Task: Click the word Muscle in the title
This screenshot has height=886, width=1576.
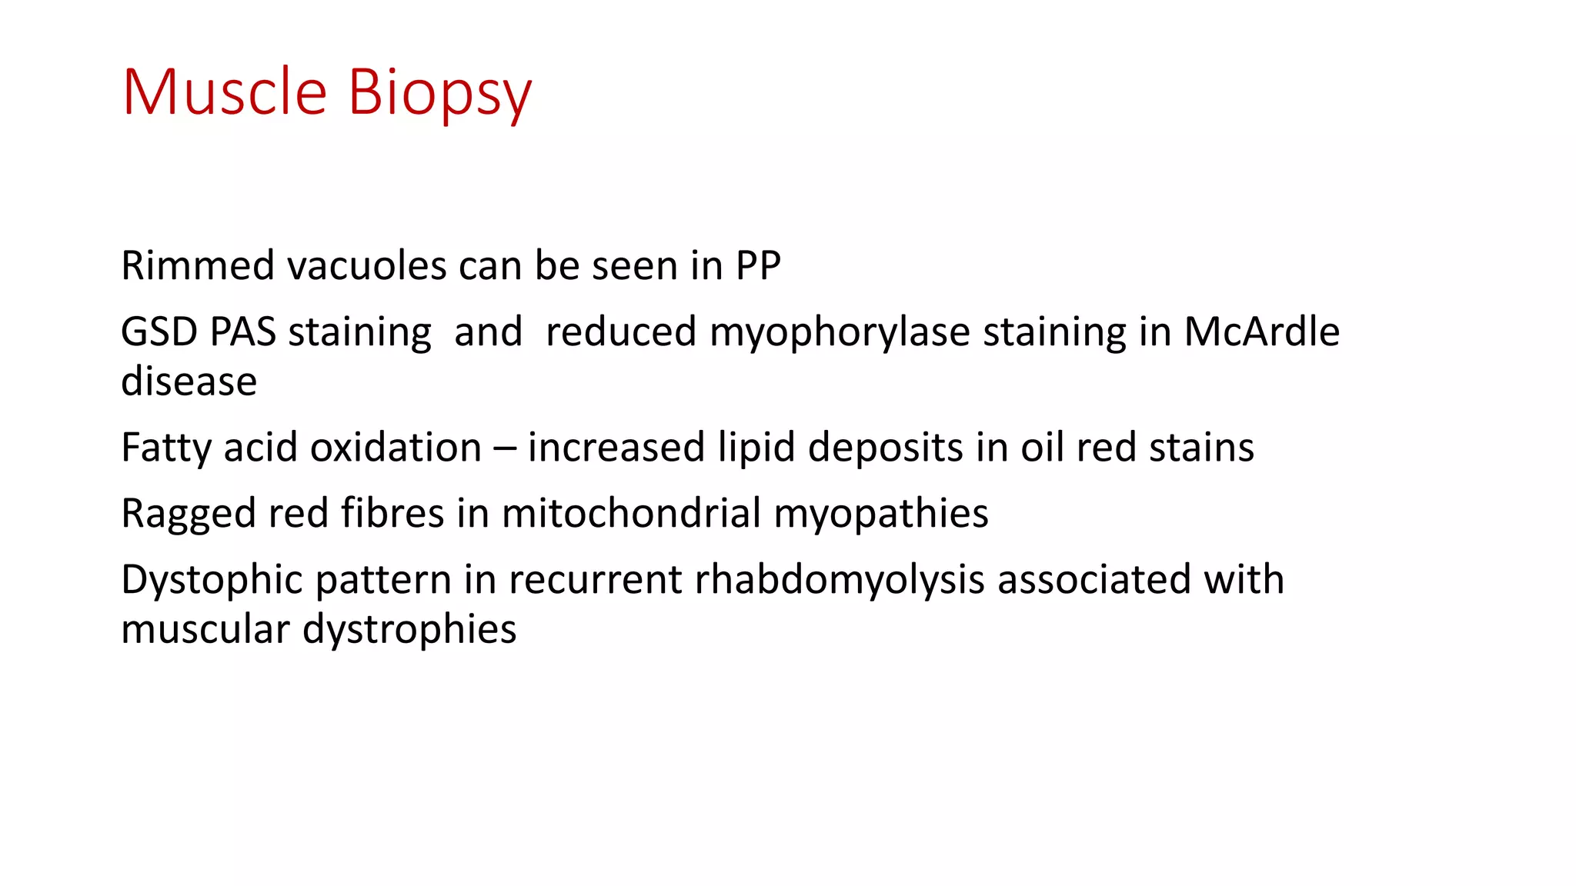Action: (x=225, y=92)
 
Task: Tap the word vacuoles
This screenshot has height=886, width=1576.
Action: (x=366, y=266)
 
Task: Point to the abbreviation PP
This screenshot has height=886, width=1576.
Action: (x=758, y=266)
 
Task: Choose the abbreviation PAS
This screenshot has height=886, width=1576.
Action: (x=242, y=332)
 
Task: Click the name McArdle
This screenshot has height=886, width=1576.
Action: (x=1261, y=332)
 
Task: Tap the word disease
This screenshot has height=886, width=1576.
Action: (x=189, y=381)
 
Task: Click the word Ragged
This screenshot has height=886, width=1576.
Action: (x=188, y=515)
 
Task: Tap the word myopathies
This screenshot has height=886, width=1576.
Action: (x=880, y=515)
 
